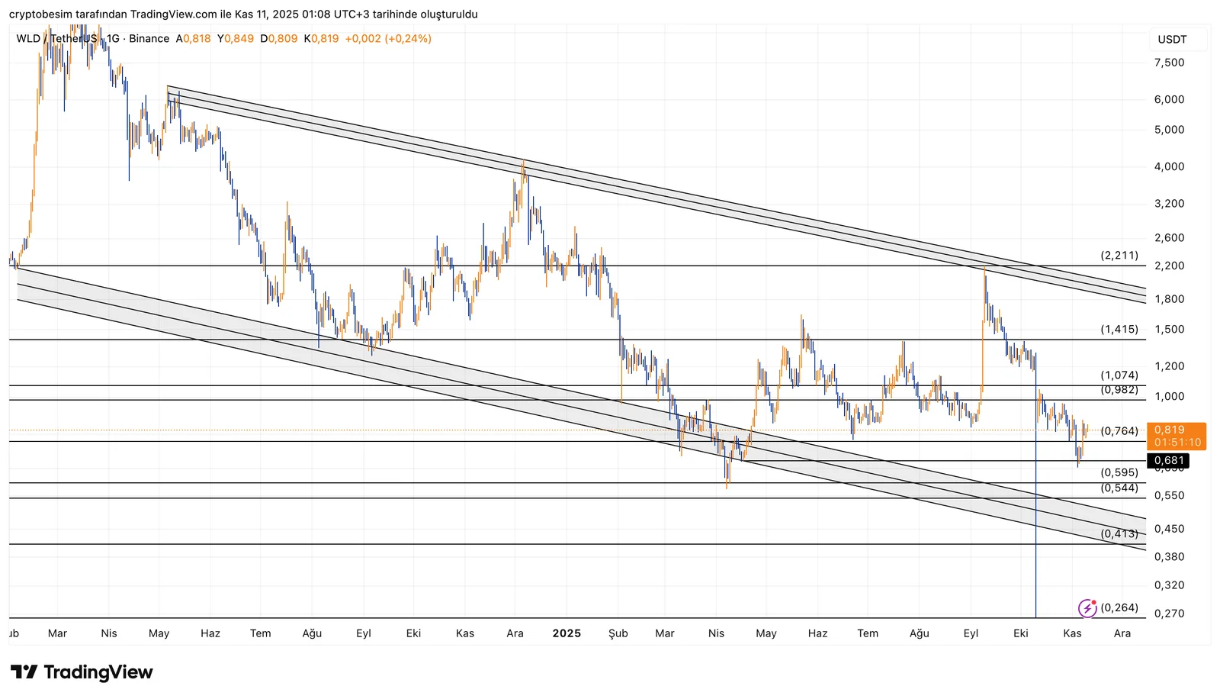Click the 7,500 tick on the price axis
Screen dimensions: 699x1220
pyautogui.click(x=1169, y=63)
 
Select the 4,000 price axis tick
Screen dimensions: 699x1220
pyautogui.click(x=1169, y=166)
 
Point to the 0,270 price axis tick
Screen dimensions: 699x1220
pyautogui.click(x=1169, y=614)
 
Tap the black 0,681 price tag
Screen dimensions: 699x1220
pyautogui.click(x=1168, y=460)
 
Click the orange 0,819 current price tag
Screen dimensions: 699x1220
pyautogui.click(x=1177, y=436)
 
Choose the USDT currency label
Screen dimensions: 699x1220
pyautogui.click(x=1172, y=40)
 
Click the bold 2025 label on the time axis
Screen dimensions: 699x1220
pyautogui.click(x=567, y=633)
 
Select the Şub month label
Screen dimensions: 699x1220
pyautogui.click(x=618, y=633)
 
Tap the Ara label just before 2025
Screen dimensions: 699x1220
pyautogui.click(x=515, y=633)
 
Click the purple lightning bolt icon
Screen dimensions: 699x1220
pyautogui.click(x=1087, y=608)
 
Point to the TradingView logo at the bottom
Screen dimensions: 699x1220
pyautogui.click(x=82, y=672)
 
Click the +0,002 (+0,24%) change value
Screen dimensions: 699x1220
pyautogui.click(x=388, y=38)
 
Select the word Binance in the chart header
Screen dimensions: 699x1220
pyautogui.click(x=149, y=38)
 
